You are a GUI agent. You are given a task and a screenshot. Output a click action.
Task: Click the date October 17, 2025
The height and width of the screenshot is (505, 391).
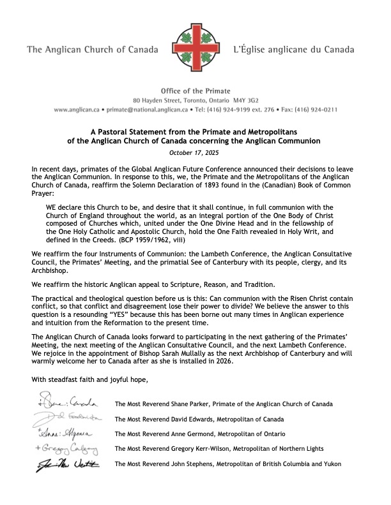195,152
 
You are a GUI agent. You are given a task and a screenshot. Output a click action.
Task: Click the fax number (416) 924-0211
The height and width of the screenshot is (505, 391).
314,110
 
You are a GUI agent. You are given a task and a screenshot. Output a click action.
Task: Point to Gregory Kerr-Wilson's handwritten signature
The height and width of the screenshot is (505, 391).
67,449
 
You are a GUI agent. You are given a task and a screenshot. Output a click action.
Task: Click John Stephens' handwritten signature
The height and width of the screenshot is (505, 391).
67,464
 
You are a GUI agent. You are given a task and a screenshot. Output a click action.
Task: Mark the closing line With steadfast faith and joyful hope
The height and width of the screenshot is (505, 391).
89,381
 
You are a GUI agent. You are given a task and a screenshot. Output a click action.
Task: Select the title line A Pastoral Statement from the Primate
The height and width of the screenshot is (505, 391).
195,130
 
